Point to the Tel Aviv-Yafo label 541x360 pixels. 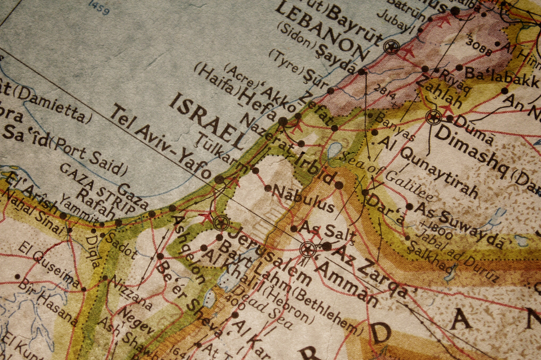161,142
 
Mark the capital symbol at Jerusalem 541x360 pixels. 221,223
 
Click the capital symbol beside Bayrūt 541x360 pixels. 391,47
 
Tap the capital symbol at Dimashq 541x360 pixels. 433,118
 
